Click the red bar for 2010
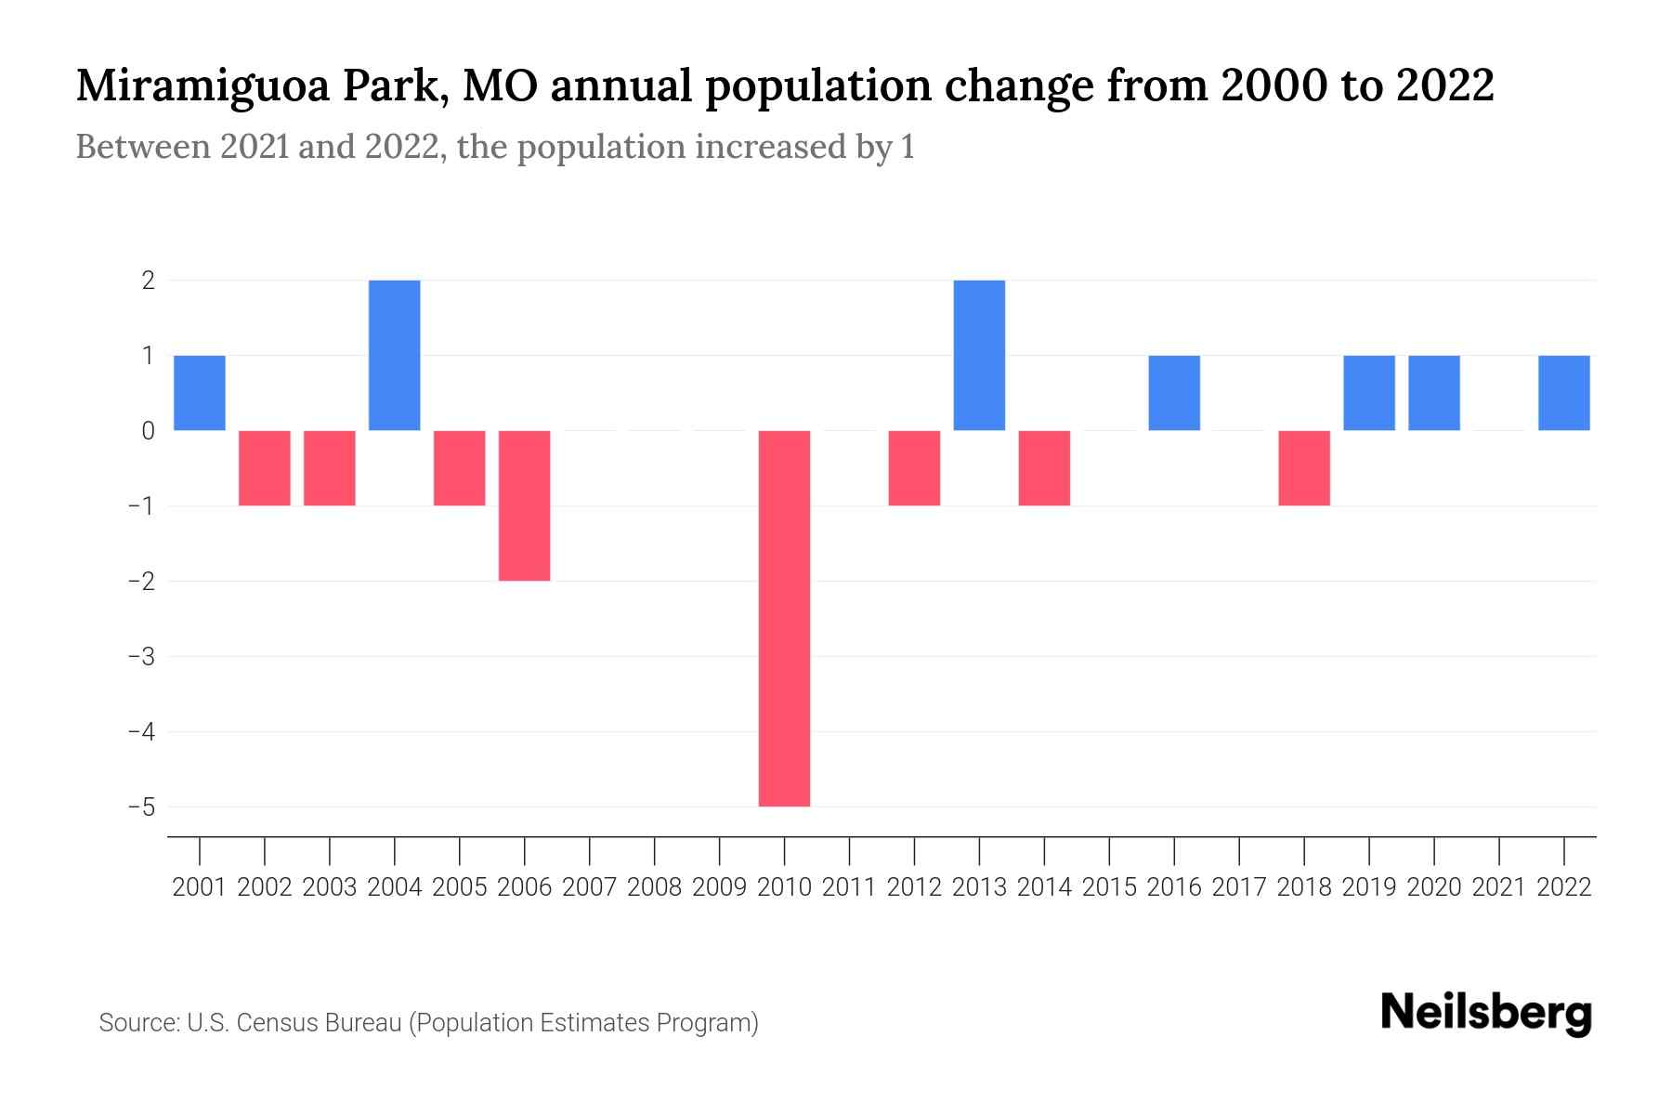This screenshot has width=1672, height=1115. [x=784, y=618]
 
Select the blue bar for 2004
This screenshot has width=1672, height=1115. [x=395, y=355]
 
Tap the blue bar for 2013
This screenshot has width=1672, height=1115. [x=979, y=355]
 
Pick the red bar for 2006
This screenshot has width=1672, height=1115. [x=525, y=505]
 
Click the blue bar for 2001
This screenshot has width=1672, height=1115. [x=200, y=393]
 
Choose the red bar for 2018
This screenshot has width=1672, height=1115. [x=1304, y=468]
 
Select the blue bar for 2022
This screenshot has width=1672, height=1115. [x=1564, y=393]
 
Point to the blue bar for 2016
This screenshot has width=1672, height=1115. [x=1174, y=393]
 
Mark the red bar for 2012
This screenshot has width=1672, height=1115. [x=914, y=468]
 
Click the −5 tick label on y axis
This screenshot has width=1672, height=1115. [x=141, y=807]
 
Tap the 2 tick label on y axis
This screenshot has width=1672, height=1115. [x=148, y=281]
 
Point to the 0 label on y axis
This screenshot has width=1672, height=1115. [x=148, y=431]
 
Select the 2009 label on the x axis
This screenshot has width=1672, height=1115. [x=719, y=887]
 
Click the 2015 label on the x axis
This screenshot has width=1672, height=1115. [x=1109, y=887]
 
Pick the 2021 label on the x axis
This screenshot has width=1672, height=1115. [x=1499, y=887]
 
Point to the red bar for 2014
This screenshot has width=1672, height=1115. [x=1044, y=468]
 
